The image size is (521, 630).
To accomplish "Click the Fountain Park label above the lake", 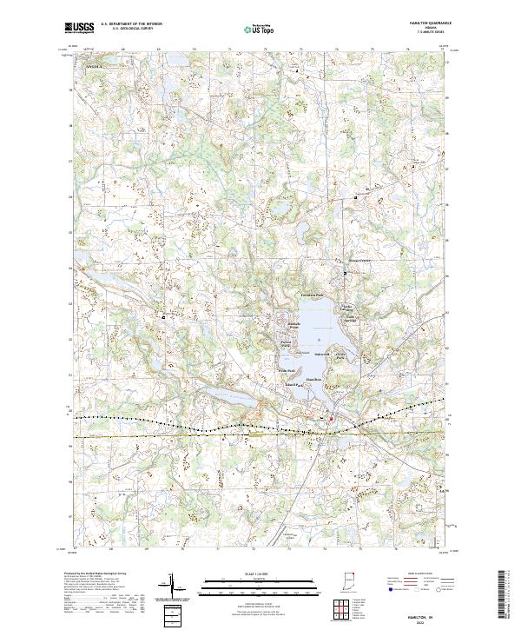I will [x=313, y=295].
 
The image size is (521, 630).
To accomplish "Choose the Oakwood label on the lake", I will [x=322, y=354].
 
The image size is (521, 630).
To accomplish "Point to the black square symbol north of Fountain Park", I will [x=344, y=275].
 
